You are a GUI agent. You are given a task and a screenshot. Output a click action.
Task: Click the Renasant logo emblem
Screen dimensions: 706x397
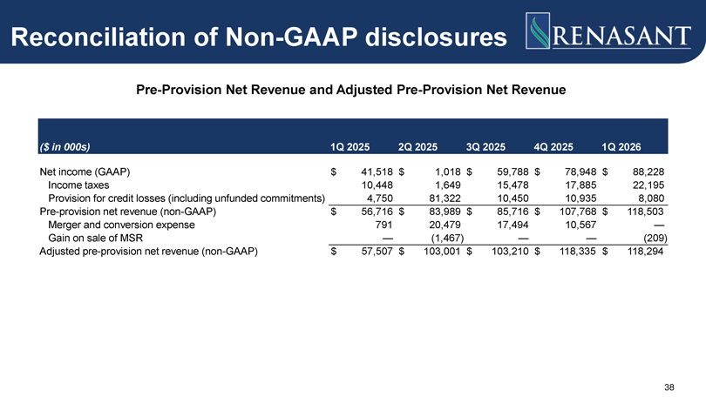pyautogui.click(x=538, y=30)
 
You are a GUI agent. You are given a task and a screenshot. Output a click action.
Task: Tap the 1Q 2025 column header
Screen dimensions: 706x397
pyautogui.click(x=350, y=147)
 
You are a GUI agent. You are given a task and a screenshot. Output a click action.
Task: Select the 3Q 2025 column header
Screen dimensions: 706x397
pyautogui.click(x=485, y=147)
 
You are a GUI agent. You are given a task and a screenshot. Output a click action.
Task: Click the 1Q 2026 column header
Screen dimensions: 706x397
pyautogui.click(x=621, y=147)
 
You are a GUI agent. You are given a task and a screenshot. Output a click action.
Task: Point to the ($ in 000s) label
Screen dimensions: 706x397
pyautogui.click(x=64, y=147)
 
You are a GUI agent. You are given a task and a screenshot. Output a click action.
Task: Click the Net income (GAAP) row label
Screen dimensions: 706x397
pyautogui.click(x=85, y=172)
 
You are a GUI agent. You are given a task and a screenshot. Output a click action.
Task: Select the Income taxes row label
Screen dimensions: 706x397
pyautogui.click(x=78, y=185)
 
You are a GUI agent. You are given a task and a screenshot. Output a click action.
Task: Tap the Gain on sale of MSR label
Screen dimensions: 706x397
pyautogui.click(x=96, y=238)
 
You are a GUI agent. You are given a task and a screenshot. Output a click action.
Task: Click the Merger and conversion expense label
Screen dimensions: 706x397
pyautogui.click(x=121, y=225)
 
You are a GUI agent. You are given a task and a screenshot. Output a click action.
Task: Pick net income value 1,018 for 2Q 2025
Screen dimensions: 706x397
pyautogui.click(x=447, y=172)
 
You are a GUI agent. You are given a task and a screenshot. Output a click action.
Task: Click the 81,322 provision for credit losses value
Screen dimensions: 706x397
pyautogui.click(x=445, y=198)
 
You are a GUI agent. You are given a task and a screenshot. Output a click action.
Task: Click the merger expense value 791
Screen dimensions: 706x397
pyautogui.click(x=384, y=225)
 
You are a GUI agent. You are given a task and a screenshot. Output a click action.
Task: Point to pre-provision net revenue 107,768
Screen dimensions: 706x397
pyautogui.click(x=578, y=212)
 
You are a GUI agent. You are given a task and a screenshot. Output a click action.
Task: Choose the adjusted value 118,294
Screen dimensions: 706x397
pyautogui.click(x=645, y=252)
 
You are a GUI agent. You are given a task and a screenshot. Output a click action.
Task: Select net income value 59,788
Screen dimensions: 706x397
pyautogui.click(x=513, y=172)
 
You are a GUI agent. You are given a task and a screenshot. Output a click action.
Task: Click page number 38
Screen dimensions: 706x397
pyautogui.click(x=669, y=387)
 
